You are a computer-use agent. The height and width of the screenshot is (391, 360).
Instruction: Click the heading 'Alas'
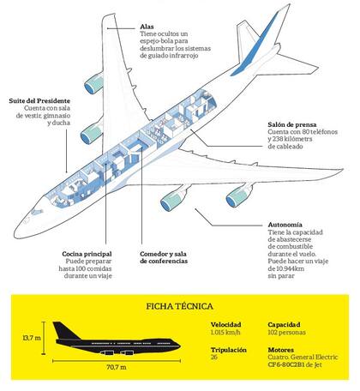(x=147, y=27)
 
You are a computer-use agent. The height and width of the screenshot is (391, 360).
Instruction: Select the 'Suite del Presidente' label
(x=39, y=101)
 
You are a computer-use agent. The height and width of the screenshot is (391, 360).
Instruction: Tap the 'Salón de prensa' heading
(x=292, y=124)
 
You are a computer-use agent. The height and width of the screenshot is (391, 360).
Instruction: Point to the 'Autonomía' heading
(x=285, y=225)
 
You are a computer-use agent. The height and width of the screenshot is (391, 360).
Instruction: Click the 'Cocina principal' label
(x=87, y=254)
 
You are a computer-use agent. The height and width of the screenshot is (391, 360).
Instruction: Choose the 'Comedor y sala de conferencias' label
(x=164, y=257)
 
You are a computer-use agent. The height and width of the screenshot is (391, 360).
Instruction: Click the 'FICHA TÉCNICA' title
(x=180, y=306)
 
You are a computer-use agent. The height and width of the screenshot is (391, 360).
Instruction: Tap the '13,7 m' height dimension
(x=32, y=338)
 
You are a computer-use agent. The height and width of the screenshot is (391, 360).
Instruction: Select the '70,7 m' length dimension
(x=117, y=367)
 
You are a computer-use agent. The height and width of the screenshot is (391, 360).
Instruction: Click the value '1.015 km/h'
(x=225, y=333)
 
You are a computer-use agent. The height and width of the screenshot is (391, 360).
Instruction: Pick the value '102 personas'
(x=286, y=333)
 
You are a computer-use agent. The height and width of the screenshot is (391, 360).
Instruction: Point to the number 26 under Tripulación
(x=214, y=357)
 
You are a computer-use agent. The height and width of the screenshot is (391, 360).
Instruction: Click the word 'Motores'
(x=280, y=350)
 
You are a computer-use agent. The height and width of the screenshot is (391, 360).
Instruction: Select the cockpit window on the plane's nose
(x=37, y=212)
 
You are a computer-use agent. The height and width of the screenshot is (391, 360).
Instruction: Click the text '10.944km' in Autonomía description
(x=289, y=268)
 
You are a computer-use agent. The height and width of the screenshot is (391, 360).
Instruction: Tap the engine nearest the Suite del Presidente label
(x=92, y=134)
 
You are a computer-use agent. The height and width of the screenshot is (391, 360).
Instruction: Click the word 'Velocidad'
(x=226, y=325)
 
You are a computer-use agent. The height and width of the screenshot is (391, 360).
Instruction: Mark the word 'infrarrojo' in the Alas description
(x=183, y=56)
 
